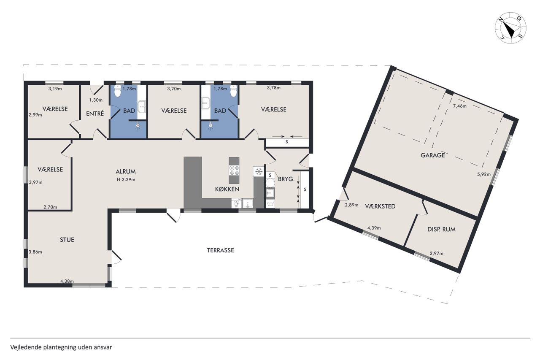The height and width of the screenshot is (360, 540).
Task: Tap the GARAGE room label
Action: [x=433, y=155]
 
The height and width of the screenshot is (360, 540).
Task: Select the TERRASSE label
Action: [x=220, y=250]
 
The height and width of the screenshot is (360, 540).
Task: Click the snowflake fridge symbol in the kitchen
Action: [x=259, y=172]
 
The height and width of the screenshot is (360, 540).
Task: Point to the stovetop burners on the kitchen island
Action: [x=234, y=170]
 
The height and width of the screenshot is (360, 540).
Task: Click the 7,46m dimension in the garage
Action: [x=460, y=106]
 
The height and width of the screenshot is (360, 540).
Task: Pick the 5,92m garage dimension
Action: [x=484, y=174]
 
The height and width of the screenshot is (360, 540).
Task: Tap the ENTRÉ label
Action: [x=95, y=114]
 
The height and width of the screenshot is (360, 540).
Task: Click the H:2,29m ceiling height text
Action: [x=126, y=179]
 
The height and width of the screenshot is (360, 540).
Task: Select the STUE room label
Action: [x=67, y=240]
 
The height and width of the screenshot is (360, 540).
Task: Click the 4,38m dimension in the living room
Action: [x=67, y=281]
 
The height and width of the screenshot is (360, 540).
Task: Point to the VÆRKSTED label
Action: [x=380, y=206]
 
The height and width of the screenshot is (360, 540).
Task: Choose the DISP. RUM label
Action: [x=441, y=229]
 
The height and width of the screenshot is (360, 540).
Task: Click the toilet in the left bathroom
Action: [x=117, y=91]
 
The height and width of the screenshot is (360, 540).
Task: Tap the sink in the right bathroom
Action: [x=205, y=104]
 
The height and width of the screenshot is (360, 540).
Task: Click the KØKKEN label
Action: [x=227, y=189]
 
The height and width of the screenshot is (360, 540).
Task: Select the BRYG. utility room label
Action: [x=286, y=179]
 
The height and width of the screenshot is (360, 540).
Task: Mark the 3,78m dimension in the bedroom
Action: [x=274, y=88]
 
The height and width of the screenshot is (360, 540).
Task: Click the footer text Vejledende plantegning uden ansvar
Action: [x=61, y=347]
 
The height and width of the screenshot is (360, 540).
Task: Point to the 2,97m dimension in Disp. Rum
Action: [x=437, y=253]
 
